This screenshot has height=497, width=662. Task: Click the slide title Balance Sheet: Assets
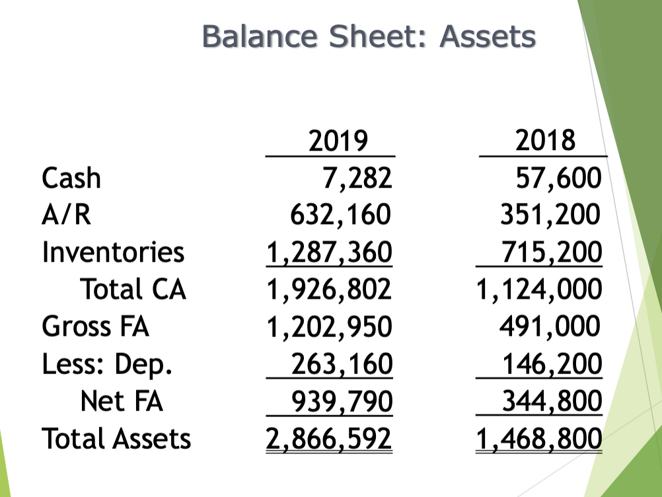click(x=369, y=35)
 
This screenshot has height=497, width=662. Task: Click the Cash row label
click(x=71, y=178)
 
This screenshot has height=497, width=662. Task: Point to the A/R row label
click(x=66, y=215)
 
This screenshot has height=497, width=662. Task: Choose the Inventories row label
click(x=113, y=252)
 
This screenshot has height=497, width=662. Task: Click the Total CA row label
click(x=133, y=289)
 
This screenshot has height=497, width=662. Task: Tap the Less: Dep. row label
click(x=107, y=363)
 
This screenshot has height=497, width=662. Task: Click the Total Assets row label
click(x=116, y=438)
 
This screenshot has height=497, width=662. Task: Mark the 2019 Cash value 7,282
click(x=356, y=178)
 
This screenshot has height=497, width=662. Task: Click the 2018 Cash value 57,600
click(x=558, y=178)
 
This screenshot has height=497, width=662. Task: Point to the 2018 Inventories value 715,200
click(x=552, y=252)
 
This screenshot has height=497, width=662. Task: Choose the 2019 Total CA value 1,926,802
click(x=328, y=289)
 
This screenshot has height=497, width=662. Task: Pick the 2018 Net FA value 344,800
click(x=552, y=401)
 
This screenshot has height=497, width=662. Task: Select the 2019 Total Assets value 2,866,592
click(x=328, y=438)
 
